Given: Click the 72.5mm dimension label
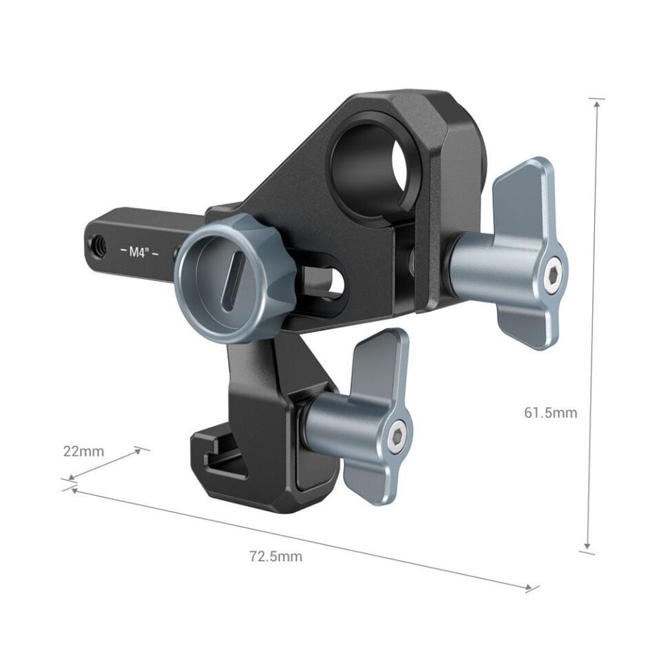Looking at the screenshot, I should tap(275, 556).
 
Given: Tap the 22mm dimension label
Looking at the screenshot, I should tap(83, 452).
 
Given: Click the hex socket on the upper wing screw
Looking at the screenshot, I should tap(555, 273).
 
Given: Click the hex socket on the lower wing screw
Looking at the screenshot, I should tap(399, 438).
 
